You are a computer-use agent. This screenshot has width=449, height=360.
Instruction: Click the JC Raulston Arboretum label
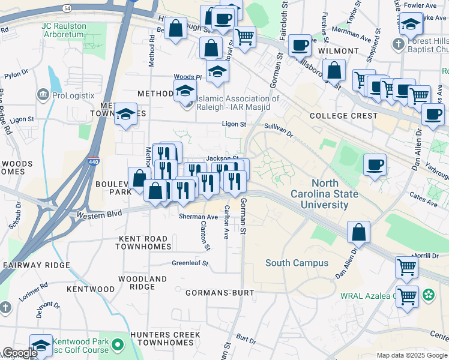click(64, 31)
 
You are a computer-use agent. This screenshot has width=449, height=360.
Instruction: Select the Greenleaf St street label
click(190, 263)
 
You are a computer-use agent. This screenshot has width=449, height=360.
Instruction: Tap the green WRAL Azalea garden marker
click(429, 295)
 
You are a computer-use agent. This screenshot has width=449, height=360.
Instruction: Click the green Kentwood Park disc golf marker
click(118, 345)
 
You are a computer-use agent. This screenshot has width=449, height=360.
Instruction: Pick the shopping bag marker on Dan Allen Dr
click(358, 233)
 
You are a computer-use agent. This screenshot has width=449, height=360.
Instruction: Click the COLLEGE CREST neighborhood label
click(343, 115)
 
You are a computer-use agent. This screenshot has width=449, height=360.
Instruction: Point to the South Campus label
click(297, 263)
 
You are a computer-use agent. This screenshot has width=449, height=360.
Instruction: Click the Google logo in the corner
click(19, 353)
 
